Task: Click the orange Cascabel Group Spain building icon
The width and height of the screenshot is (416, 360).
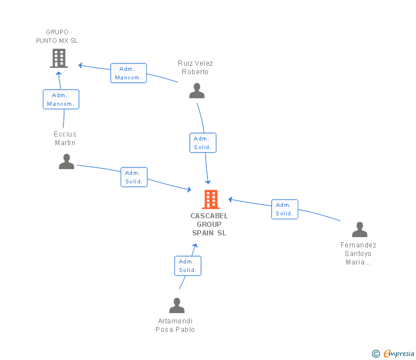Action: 211,199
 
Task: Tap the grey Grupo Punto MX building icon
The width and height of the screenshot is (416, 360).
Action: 59,58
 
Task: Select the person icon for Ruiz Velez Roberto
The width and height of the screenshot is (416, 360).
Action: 197,91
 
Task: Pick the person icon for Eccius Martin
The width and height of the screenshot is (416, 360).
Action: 66,162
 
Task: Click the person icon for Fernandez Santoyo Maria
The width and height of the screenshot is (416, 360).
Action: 359,230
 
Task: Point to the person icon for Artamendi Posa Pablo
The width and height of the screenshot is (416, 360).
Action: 177,306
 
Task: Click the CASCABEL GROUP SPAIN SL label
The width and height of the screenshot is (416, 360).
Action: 209,225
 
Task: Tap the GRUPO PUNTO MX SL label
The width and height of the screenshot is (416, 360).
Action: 57,37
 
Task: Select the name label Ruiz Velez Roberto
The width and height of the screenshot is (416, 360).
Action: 195,67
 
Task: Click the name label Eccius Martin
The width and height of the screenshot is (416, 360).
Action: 65,138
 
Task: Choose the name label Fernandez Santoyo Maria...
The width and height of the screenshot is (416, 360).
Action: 358,254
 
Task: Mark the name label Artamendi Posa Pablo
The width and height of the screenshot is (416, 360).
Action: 175,325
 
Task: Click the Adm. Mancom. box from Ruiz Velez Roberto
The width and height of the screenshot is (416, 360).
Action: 128,73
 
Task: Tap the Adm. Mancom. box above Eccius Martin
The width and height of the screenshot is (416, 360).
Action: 61,99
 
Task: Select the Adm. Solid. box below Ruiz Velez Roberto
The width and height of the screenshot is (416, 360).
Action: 203,143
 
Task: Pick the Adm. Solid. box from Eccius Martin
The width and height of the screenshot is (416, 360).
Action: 134,177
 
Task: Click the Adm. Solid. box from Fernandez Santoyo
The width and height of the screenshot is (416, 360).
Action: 284,209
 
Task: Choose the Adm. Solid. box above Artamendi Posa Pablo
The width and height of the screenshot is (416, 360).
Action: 187,266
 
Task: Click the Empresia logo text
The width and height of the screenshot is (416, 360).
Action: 398,353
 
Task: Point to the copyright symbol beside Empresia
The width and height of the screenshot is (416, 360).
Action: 376,354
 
